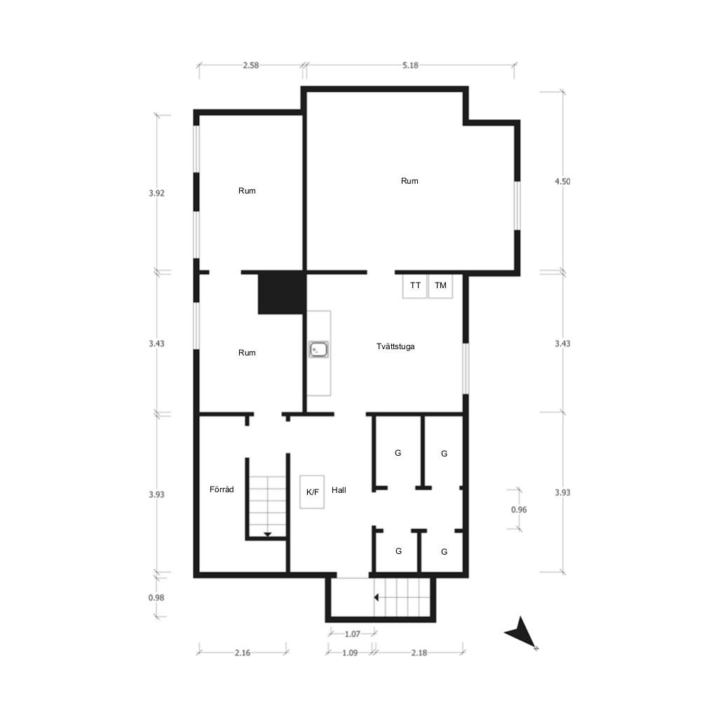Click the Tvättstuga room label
pyautogui.click(x=395, y=346)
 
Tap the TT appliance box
pyautogui.click(x=415, y=286)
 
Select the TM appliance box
pyautogui.click(x=440, y=286)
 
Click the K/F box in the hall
pyautogui.click(x=312, y=492)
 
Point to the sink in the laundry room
pyautogui.click(x=318, y=349)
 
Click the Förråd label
pyautogui.click(x=222, y=489)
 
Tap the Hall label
pyautogui.click(x=339, y=490)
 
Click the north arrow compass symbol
pyautogui.click(x=522, y=633)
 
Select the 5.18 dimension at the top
pyautogui.click(x=410, y=65)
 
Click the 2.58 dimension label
pyautogui.click(x=251, y=65)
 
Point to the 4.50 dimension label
pyautogui.click(x=563, y=182)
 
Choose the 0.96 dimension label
pyautogui.click(x=519, y=510)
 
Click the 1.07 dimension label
pyautogui.click(x=353, y=634)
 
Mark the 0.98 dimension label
pyautogui.click(x=156, y=597)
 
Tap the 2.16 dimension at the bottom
pyautogui.click(x=243, y=653)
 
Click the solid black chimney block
pyautogui.click(x=282, y=293)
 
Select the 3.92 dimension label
pyautogui.click(x=156, y=194)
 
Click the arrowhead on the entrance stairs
pyautogui.click(x=377, y=597)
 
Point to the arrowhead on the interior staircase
pyautogui.click(x=267, y=534)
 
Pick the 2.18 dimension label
pyautogui.click(x=419, y=653)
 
